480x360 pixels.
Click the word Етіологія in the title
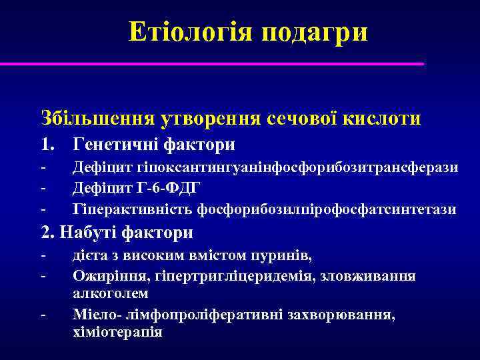(x=191, y=31)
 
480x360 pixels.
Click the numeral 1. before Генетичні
(x=49, y=144)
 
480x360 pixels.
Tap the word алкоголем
(x=111, y=293)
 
